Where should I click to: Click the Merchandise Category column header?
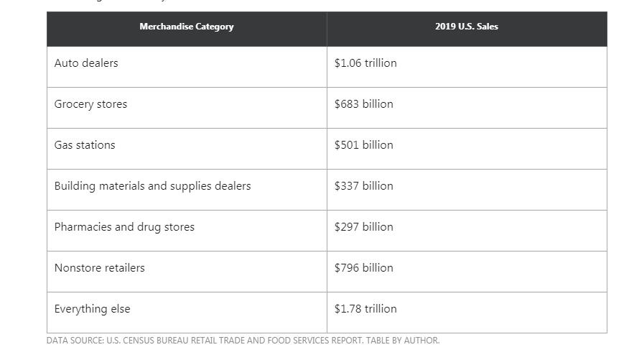[x=187, y=27]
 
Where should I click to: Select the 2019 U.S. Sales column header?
[x=467, y=27]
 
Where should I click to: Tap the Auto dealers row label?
[x=86, y=63]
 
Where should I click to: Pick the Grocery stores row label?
[x=90, y=104]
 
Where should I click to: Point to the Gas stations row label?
[x=85, y=145]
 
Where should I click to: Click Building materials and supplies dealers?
[x=152, y=186]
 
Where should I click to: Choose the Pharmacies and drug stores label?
[x=124, y=227]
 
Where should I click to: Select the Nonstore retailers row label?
[x=99, y=268]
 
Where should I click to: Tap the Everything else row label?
[x=92, y=309]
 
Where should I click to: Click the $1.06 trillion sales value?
[x=365, y=63]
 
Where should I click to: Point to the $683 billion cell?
[x=363, y=104]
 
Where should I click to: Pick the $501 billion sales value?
[x=363, y=145]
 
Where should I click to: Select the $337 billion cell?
[x=363, y=186]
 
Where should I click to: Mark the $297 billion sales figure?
[x=363, y=227]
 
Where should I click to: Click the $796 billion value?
[x=363, y=268]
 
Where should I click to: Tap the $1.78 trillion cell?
[x=365, y=309]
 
